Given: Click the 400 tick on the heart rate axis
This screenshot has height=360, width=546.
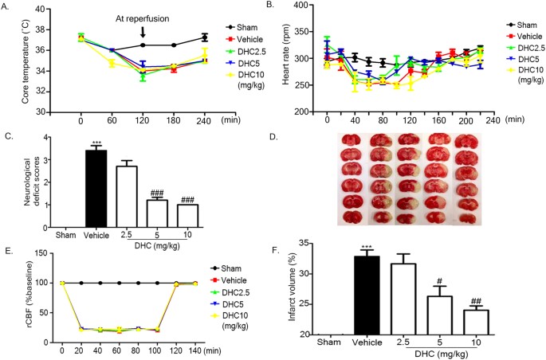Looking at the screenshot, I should point(309,6).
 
